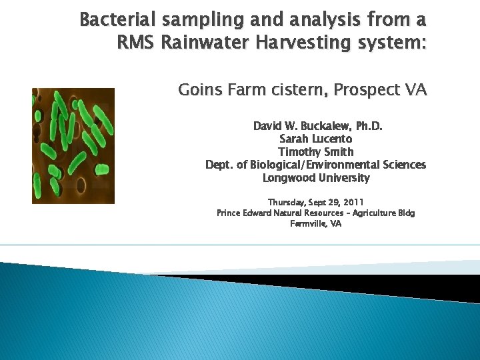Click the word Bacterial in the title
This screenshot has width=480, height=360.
(x=109, y=20)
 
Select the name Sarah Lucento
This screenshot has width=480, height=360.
(x=315, y=139)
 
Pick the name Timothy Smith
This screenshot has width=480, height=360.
(x=315, y=152)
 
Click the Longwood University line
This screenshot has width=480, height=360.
(x=315, y=178)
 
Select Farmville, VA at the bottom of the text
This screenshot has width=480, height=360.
(x=315, y=224)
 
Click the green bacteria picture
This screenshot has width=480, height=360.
(x=73, y=146)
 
